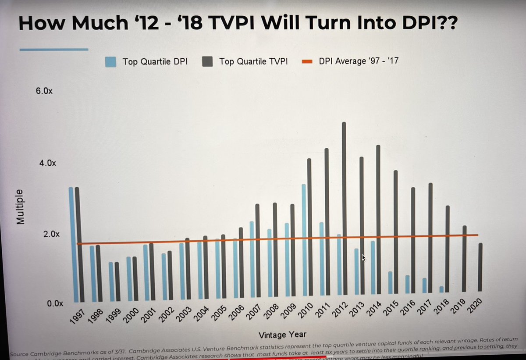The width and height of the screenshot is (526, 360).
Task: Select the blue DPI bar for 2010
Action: point(303,239)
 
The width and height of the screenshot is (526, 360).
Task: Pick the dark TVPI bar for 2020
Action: point(481,267)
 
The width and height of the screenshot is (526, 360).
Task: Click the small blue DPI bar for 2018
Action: point(441,289)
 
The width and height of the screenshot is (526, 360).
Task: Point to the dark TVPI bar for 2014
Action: point(378,220)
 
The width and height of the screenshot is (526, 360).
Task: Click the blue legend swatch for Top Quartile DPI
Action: point(111,61)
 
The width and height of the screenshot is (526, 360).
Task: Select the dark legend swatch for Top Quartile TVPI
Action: point(207,61)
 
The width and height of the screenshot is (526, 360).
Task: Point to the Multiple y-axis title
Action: point(20,207)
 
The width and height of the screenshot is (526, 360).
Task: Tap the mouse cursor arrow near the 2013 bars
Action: point(363,257)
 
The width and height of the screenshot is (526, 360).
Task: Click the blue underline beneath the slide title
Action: point(54,50)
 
